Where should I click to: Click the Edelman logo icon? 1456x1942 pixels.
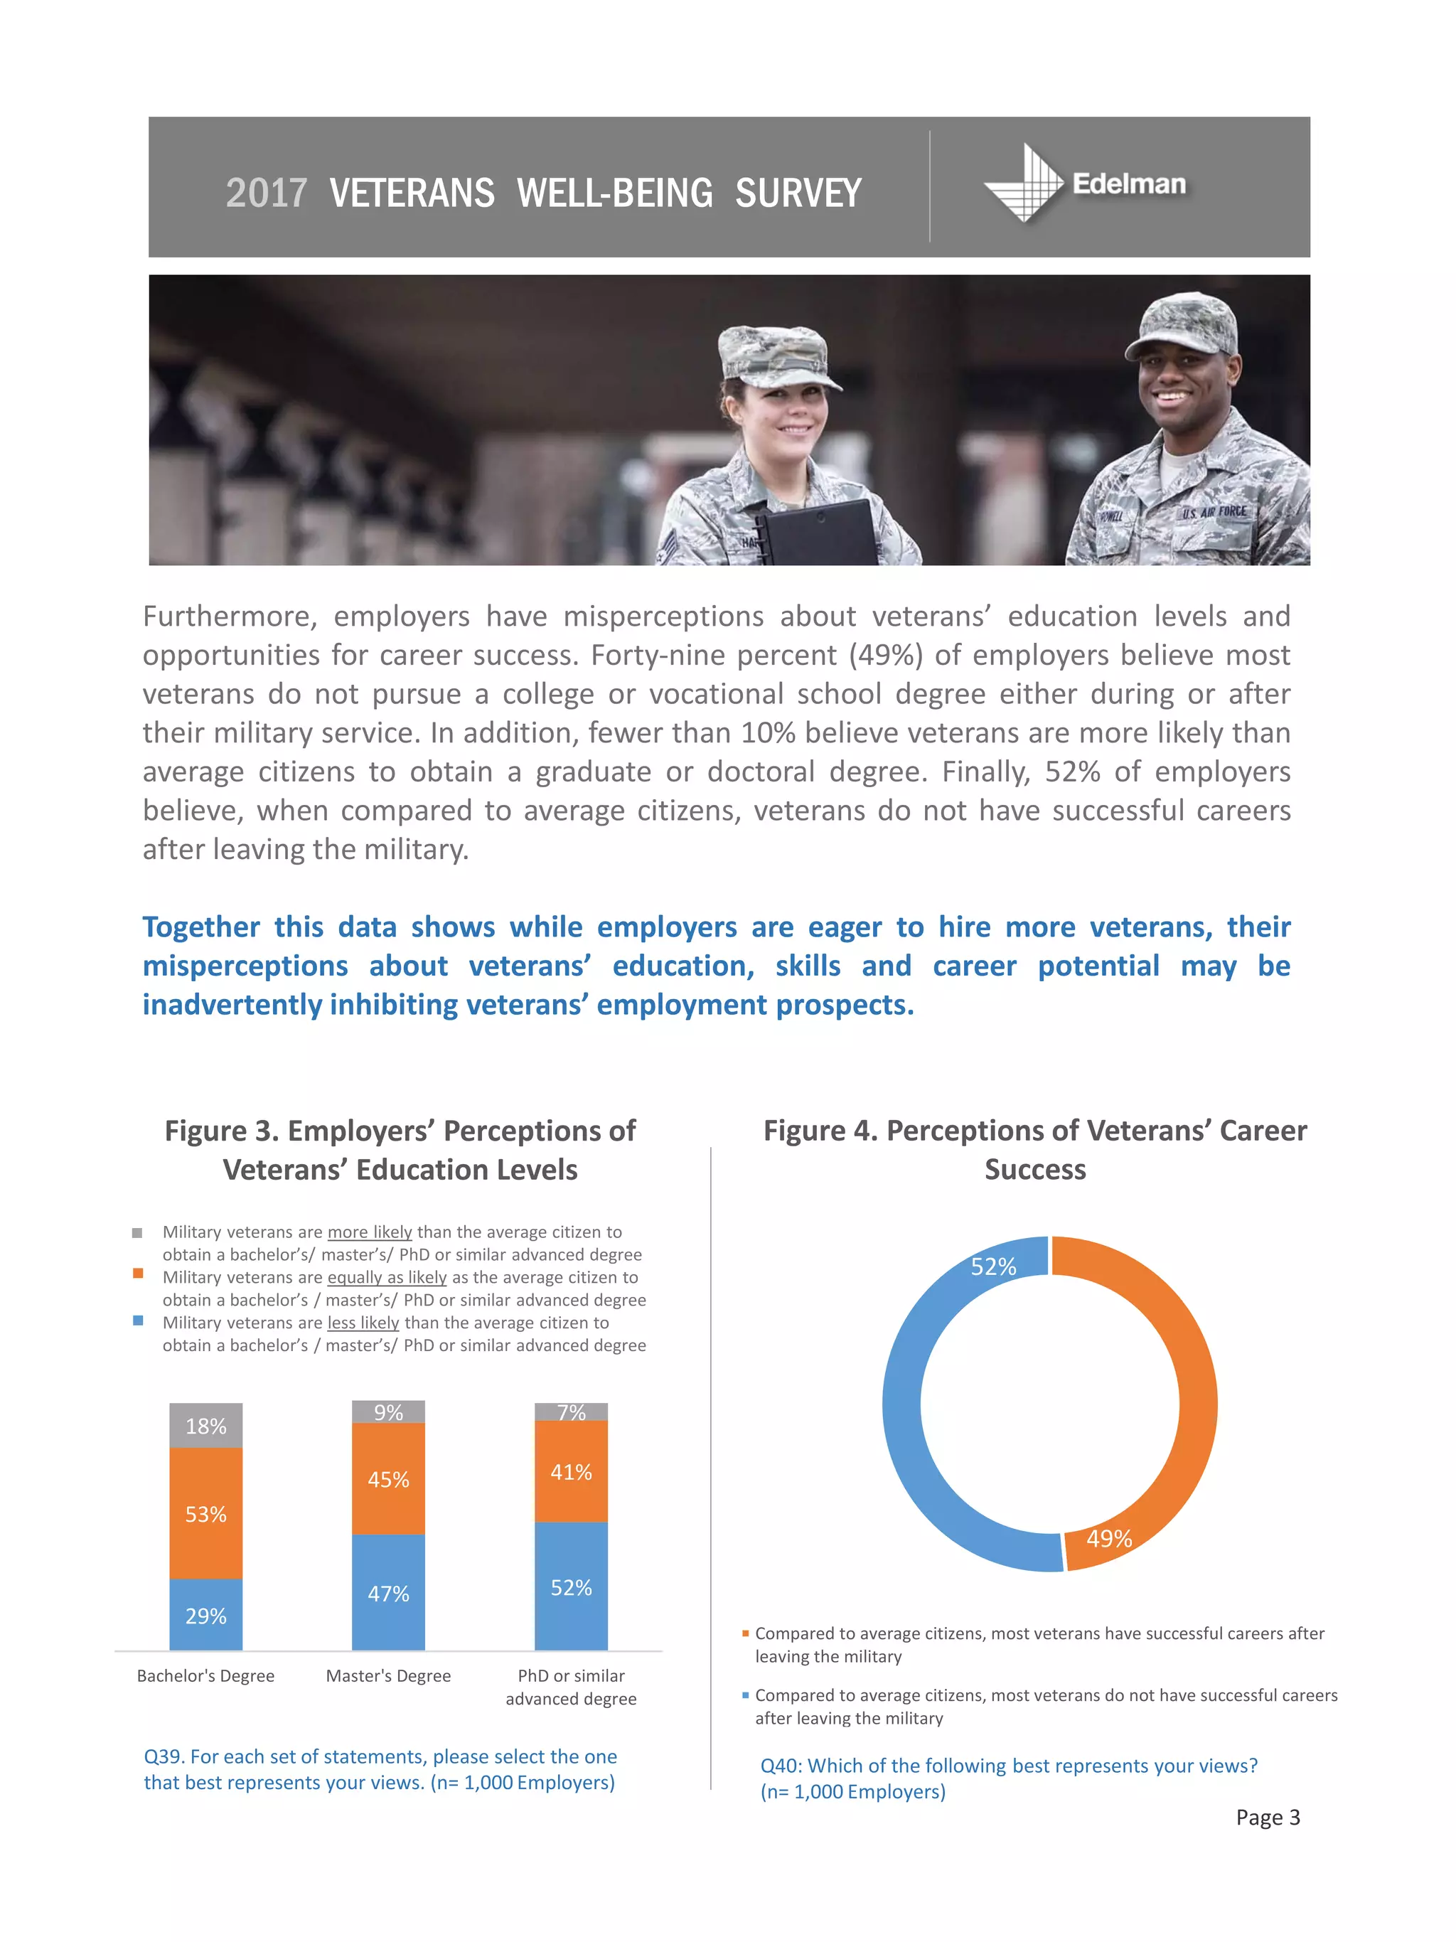pyautogui.click(x=1023, y=183)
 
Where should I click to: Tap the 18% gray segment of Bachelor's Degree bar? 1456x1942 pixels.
pyautogui.click(x=205, y=1426)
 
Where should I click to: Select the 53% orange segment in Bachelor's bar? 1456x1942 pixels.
pyautogui.click(x=205, y=1514)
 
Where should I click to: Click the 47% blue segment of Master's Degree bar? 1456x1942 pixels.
pyautogui.click(x=388, y=1593)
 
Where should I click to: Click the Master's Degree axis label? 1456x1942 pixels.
pyautogui.click(x=388, y=1675)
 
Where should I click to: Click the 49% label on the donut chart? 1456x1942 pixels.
pyautogui.click(x=1108, y=1538)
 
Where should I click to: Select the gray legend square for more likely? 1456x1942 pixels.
pyautogui.click(x=137, y=1232)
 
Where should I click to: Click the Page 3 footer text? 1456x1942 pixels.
pyautogui.click(x=1268, y=1818)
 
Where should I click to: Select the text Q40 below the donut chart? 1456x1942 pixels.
pyautogui.click(x=780, y=1766)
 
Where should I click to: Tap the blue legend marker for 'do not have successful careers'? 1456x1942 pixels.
pyautogui.click(x=745, y=1695)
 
